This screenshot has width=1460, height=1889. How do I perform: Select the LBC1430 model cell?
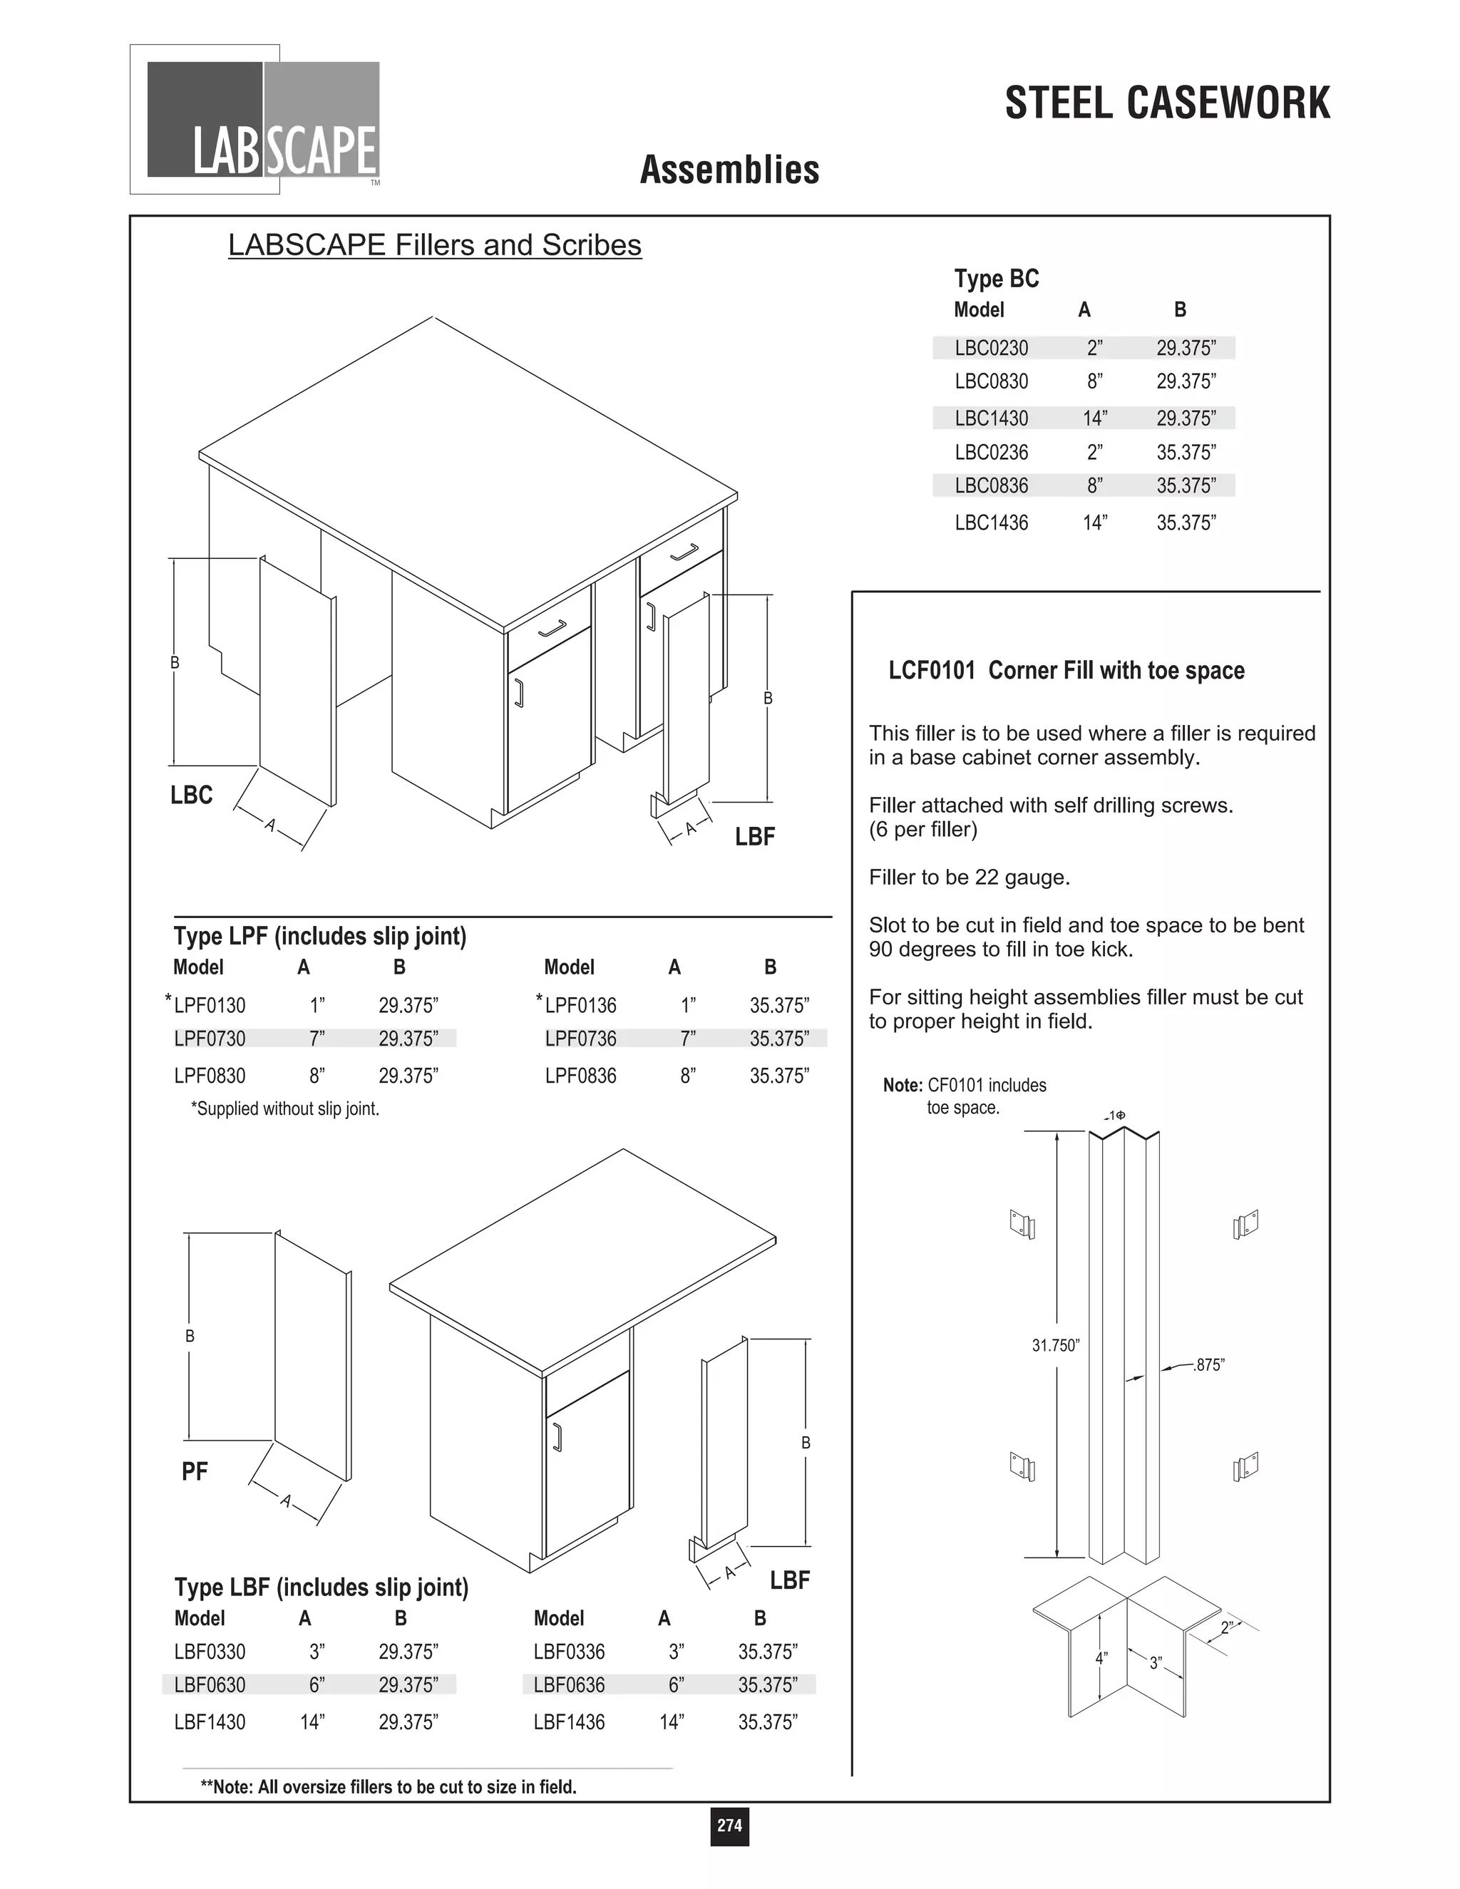point(991,418)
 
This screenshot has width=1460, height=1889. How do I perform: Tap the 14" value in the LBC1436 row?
point(1094,523)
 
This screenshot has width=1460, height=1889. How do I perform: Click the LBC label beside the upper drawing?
point(191,795)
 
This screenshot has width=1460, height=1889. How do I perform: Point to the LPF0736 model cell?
point(580,1039)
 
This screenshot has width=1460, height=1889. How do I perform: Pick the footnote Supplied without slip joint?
point(285,1109)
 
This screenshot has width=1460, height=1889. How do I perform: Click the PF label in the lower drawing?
point(195,1471)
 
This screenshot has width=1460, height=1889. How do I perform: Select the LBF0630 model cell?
point(210,1685)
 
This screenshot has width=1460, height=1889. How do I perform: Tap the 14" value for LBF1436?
point(671,1722)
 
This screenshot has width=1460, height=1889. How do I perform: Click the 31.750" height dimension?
point(1055,1345)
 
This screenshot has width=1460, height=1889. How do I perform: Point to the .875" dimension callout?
point(1208,1365)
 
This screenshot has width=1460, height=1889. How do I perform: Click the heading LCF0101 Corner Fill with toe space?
point(1066,670)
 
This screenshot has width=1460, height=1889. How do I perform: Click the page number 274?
point(729,1825)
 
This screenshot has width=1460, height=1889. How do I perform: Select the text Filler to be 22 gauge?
point(970,878)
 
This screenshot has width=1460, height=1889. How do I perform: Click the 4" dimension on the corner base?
point(1101,1659)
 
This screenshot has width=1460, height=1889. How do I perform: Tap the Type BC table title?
point(997,279)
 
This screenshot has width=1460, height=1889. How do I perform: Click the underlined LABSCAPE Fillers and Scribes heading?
point(434,246)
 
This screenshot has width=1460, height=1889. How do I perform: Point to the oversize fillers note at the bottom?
point(389,1787)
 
